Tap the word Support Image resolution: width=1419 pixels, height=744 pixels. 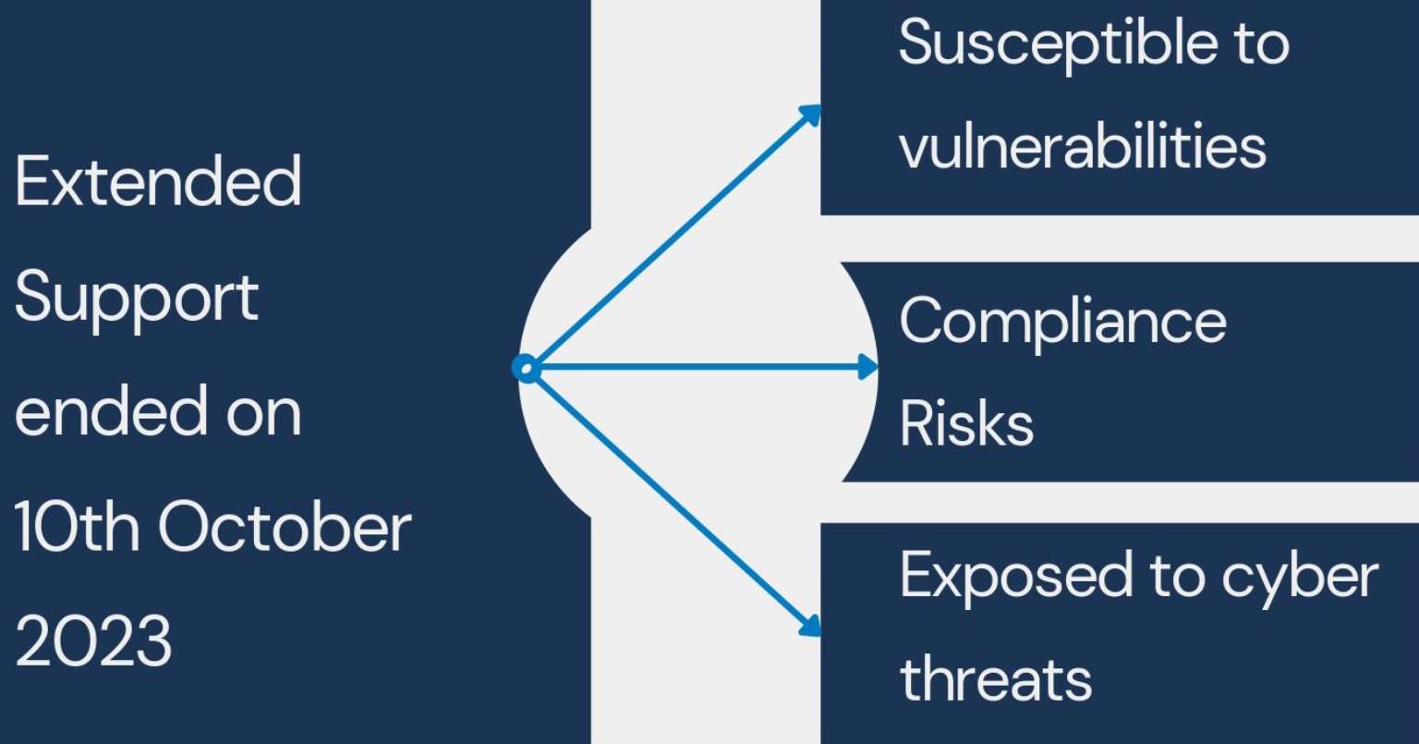point(137,299)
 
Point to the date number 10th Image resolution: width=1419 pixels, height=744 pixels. point(76,528)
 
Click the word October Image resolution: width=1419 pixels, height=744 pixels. point(285,528)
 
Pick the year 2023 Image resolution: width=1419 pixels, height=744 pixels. point(93,642)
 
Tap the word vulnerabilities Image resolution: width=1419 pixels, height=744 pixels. point(1082,146)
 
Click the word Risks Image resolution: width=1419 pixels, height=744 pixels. point(966,424)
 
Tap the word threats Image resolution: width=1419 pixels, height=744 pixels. point(996,679)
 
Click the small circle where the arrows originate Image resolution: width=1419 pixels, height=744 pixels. point(526,369)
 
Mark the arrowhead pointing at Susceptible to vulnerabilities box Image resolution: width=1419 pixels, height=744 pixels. point(811,115)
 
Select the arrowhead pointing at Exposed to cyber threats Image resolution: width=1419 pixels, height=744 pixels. point(810,626)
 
